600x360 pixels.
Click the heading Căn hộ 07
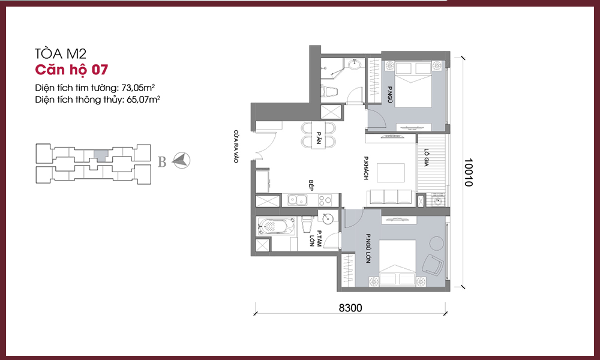71,70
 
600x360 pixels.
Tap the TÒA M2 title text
61,53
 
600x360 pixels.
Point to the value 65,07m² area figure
143,100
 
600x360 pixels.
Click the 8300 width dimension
350,308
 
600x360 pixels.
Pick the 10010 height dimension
469,173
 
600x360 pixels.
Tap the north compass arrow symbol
181,160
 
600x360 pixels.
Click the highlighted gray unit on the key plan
101,156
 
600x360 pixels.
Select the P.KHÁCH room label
366,168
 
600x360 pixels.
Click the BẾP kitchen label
311,185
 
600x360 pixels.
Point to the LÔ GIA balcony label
426,158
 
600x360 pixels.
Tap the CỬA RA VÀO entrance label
236,146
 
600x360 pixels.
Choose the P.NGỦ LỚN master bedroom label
368,248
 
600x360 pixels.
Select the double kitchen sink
298,200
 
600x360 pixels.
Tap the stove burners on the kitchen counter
325,200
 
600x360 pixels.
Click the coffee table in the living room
391,173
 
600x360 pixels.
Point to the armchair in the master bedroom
433,265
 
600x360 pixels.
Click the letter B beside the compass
162,162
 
